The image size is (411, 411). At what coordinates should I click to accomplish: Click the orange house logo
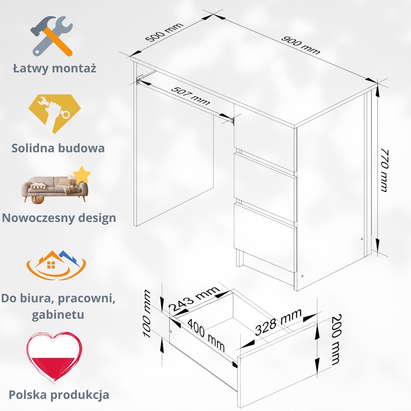pos(56,265)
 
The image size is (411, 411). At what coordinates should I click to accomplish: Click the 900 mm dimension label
pos(301,45)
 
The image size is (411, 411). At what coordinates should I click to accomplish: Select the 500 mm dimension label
pos(164,33)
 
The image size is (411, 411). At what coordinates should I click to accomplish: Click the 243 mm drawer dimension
pos(194,299)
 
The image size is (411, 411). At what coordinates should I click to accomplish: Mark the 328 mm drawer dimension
pos(278,322)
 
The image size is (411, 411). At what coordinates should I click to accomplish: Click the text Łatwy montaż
pos(55,68)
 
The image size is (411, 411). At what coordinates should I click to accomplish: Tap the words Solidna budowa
pos(58,148)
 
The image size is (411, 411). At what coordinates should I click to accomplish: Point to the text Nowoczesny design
pos(59,218)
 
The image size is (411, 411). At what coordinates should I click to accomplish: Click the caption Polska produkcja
pos(59,394)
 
